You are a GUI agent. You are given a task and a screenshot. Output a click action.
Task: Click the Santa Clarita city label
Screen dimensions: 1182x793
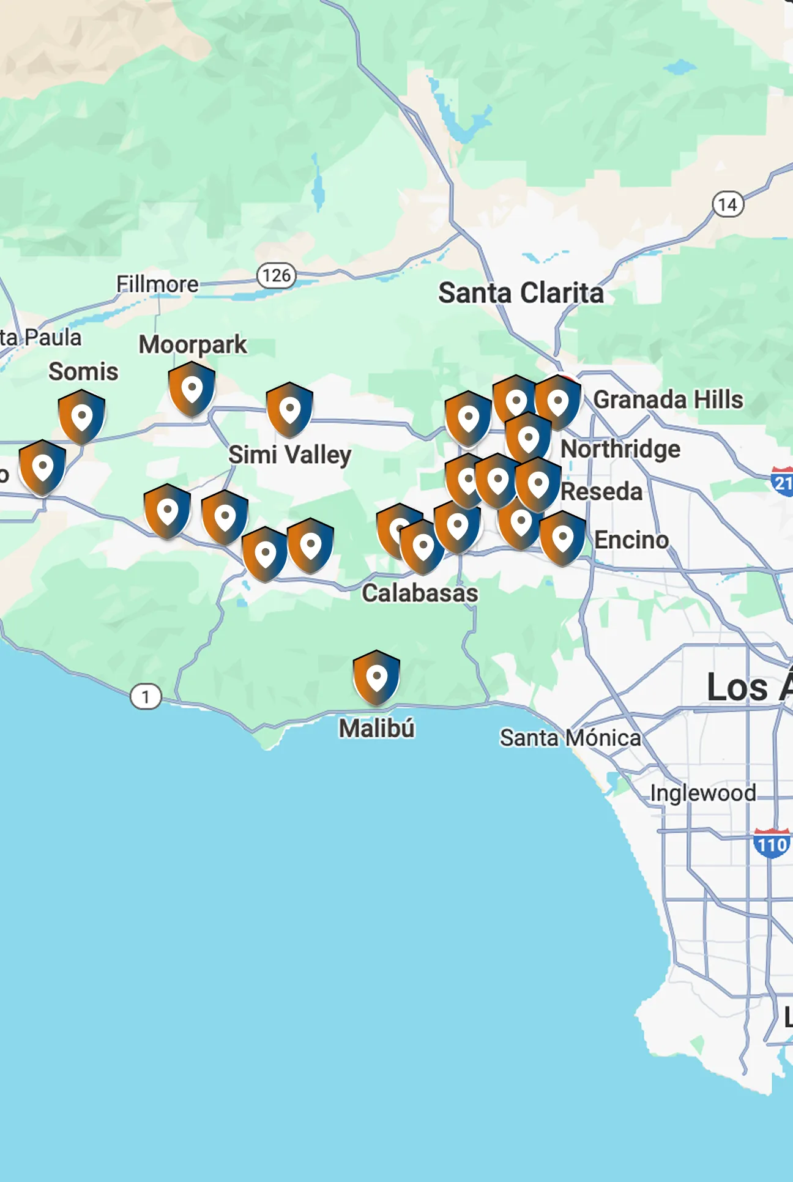pyautogui.click(x=521, y=293)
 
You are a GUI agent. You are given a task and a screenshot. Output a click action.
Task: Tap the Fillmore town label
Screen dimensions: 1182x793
pyautogui.click(x=157, y=284)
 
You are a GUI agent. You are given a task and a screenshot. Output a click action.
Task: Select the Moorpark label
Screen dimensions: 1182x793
pyautogui.click(x=193, y=344)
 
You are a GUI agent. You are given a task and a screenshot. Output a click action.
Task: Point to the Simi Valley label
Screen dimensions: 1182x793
pyautogui.click(x=289, y=455)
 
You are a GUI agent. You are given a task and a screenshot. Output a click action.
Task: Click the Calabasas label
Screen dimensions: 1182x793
pyautogui.click(x=420, y=593)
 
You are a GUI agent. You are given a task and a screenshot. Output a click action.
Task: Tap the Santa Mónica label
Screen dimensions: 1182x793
pyautogui.click(x=570, y=738)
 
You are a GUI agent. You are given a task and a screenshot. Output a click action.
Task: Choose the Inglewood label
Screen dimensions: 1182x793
pyautogui.click(x=702, y=793)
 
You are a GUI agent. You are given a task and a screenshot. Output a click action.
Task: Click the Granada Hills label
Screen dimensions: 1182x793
pyautogui.click(x=668, y=400)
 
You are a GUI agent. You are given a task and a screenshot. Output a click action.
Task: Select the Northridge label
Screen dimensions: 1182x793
pyautogui.click(x=620, y=449)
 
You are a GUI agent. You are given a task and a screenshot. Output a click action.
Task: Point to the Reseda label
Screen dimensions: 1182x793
pyautogui.click(x=601, y=492)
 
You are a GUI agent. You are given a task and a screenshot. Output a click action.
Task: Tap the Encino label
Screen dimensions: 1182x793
pyautogui.click(x=631, y=540)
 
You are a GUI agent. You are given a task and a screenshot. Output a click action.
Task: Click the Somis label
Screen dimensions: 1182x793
pyautogui.click(x=83, y=371)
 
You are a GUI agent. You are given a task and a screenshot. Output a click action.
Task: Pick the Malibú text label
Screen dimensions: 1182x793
pyautogui.click(x=377, y=729)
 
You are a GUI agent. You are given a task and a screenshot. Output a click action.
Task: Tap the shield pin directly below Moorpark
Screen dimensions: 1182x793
pyautogui.click(x=192, y=388)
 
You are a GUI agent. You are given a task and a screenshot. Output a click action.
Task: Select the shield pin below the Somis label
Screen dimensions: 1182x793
pyautogui.click(x=81, y=417)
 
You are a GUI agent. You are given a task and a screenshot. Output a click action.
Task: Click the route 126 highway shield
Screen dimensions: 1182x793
pyautogui.click(x=276, y=275)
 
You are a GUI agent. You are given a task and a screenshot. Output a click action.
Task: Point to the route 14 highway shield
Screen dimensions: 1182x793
pyautogui.click(x=728, y=204)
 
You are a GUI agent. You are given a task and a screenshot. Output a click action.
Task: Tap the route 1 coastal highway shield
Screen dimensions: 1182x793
pyautogui.click(x=146, y=697)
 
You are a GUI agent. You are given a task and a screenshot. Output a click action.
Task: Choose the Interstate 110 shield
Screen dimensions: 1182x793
pyautogui.click(x=772, y=844)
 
